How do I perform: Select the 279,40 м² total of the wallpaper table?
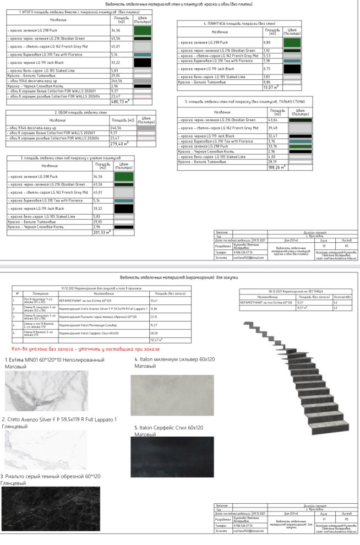(119, 144)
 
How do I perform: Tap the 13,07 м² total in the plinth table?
(271, 88)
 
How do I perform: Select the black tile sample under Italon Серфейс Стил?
(172, 456)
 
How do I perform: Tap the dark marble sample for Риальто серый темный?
(51, 509)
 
